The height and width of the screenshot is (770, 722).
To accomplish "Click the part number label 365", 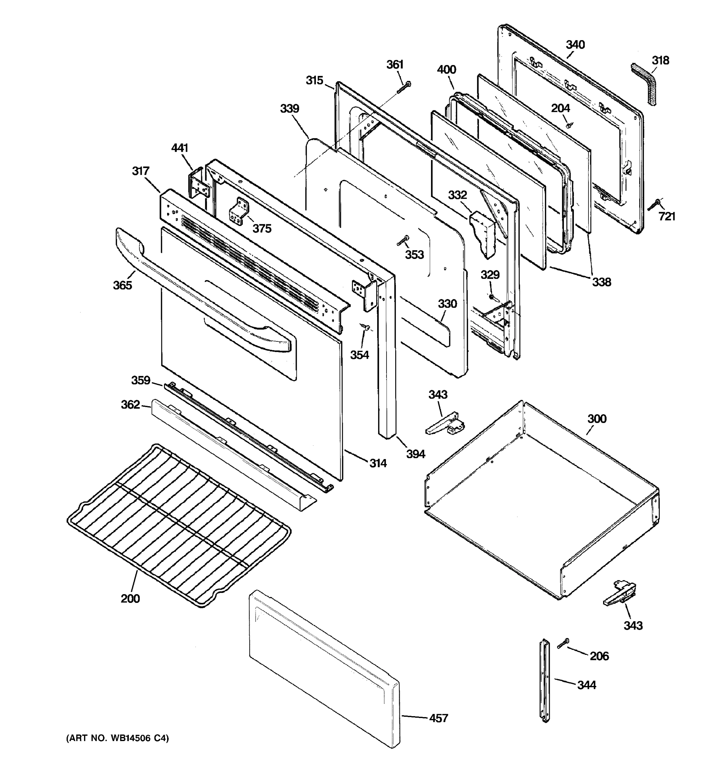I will coord(122,286).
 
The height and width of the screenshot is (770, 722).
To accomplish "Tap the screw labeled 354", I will coord(365,327).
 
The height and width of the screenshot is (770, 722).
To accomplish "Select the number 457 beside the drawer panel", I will coord(438,718).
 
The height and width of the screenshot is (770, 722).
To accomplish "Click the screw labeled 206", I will coord(564,643).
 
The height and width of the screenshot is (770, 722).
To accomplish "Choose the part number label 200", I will coord(130,599).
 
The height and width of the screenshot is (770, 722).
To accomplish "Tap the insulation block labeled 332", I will coord(483,233).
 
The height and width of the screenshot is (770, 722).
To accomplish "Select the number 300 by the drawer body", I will coord(597,419).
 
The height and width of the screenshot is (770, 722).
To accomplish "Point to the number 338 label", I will coord(601,282).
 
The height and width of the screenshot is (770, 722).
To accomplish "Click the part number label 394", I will coord(415,454).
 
